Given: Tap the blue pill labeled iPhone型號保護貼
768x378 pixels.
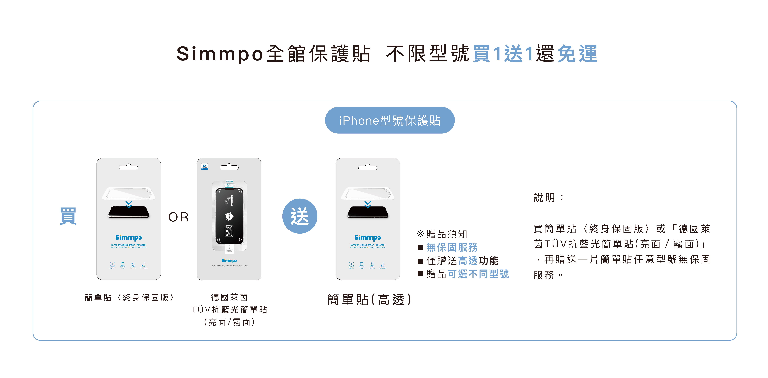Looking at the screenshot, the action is pyautogui.click(x=390, y=120).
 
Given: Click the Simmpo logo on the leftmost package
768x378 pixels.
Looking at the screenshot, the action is pyautogui.click(x=128, y=238).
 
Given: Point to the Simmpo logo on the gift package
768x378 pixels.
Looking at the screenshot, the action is pyautogui.click(x=368, y=238).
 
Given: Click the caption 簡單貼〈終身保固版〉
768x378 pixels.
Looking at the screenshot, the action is pyautogui.click(x=129, y=297).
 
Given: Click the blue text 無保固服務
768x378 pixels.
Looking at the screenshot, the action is pyautogui.click(x=452, y=247).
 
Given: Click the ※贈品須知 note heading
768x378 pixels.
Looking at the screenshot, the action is pyautogui.click(x=442, y=234).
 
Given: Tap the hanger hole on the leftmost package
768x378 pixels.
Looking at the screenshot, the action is pyautogui.click(x=128, y=167).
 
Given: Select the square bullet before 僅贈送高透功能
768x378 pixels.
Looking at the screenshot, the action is pyautogui.click(x=420, y=261).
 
